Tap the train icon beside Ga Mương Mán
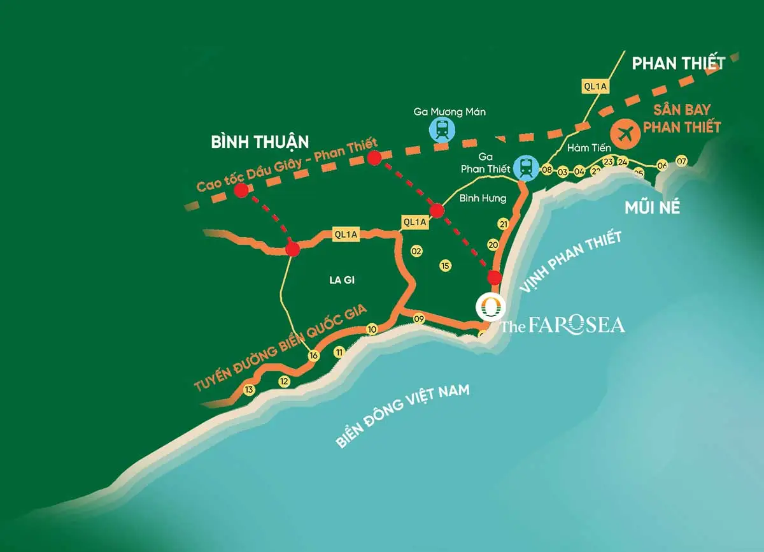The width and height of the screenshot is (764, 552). (442, 131)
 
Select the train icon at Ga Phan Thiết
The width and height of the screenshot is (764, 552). (526, 168)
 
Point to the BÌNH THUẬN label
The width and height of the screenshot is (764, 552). (260, 142)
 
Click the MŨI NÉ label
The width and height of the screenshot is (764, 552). (652, 207)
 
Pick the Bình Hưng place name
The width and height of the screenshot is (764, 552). (483, 198)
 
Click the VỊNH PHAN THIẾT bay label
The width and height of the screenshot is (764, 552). (570, 263)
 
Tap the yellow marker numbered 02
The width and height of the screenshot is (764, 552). (417, 251)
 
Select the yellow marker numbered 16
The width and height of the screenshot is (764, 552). (313, 356)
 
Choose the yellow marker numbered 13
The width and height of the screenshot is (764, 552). (249, 390)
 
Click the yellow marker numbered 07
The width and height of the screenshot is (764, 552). (682, 161)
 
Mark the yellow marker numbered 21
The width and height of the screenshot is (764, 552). (504, 224)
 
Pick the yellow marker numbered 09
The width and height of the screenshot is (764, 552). (418, 319)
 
